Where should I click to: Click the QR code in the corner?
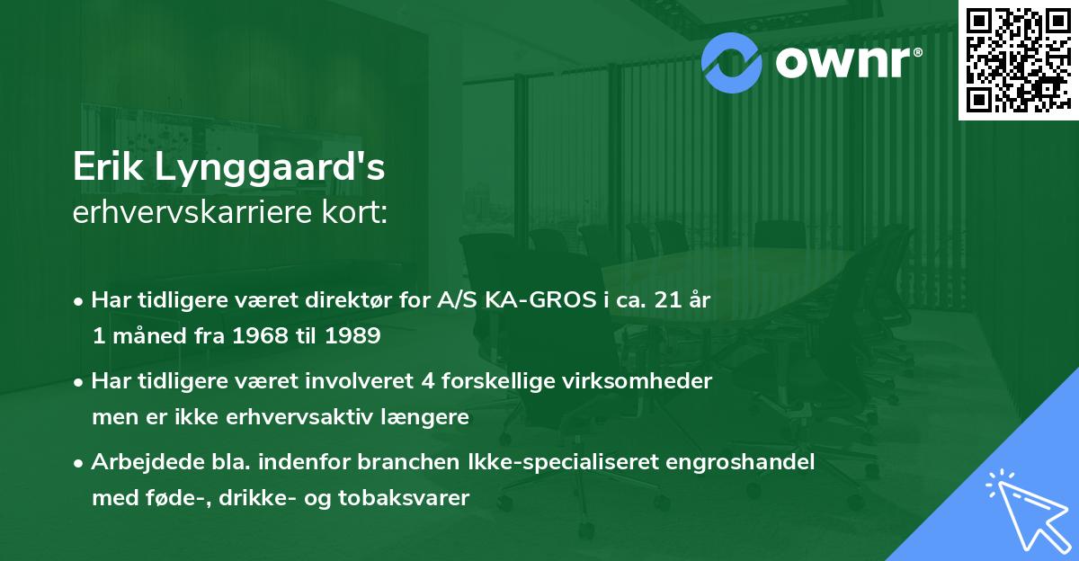coord(1018,59)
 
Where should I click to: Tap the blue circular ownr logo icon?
coord(734,60)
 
